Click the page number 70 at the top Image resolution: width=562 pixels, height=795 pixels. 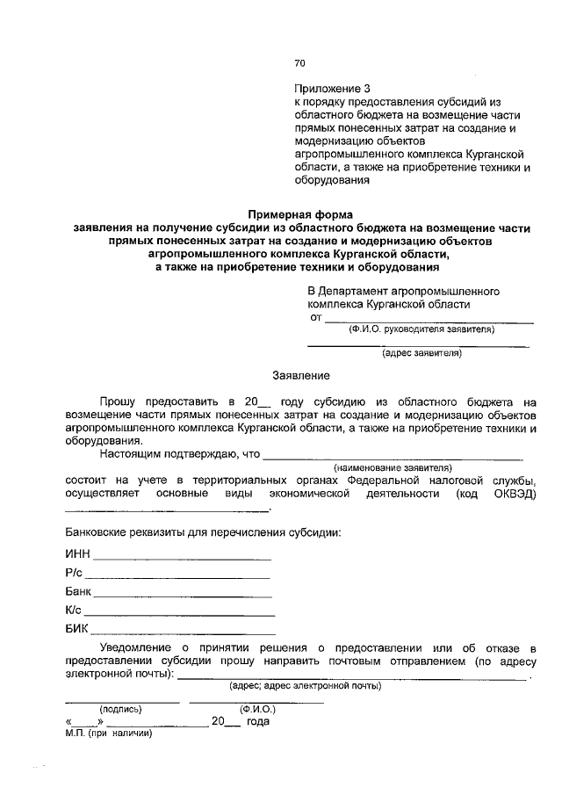click(299, 63)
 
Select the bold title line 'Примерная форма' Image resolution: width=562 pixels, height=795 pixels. click(299, 213)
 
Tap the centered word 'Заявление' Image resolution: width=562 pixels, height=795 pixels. click(300, 376)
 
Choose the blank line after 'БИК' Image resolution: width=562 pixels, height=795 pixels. click(183, 632)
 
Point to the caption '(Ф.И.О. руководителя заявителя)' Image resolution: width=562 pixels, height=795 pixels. click(421, 330)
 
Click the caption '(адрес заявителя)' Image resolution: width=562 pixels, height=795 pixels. click(421, 354)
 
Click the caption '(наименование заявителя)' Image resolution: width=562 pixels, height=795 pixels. click(392, 468)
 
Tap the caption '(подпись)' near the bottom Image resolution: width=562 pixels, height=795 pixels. click(121, 708)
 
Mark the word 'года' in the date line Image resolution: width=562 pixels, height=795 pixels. click(257, 721)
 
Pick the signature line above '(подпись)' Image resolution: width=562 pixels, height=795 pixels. click(122, 701)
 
